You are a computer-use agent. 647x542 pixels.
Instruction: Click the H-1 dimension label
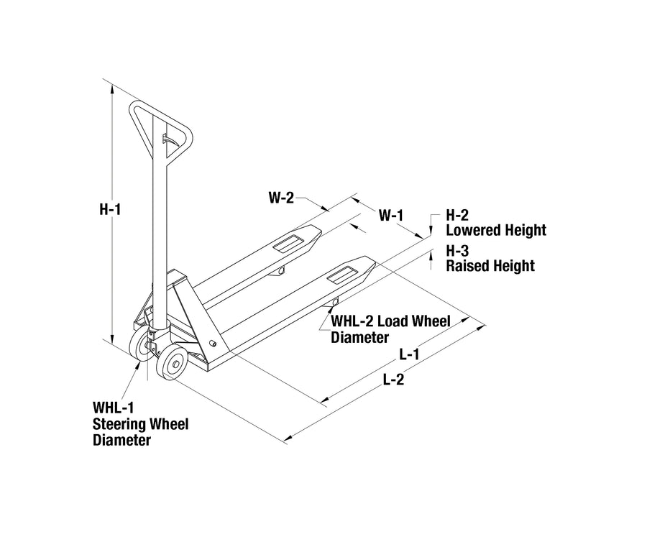pyautogui.click(x=109, y=210)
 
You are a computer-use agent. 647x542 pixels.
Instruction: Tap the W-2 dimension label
pyautogui.click(x=281, y=198)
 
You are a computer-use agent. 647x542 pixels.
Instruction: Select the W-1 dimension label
pyautogui.click(x=391, y=214)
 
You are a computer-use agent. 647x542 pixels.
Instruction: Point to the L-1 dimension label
pyautogui.click(x=410, y=354)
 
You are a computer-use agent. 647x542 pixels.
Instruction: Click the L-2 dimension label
pyautogui.click(x=393, y=381)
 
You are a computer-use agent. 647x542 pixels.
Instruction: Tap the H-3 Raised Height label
pyautogui.click(x=490, y=259)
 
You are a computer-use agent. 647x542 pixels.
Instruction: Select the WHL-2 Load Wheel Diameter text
pyautogui.click(x=390, y=329)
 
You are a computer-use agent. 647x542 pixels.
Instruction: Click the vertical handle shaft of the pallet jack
pyautogui.click(x=160, y=237)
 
